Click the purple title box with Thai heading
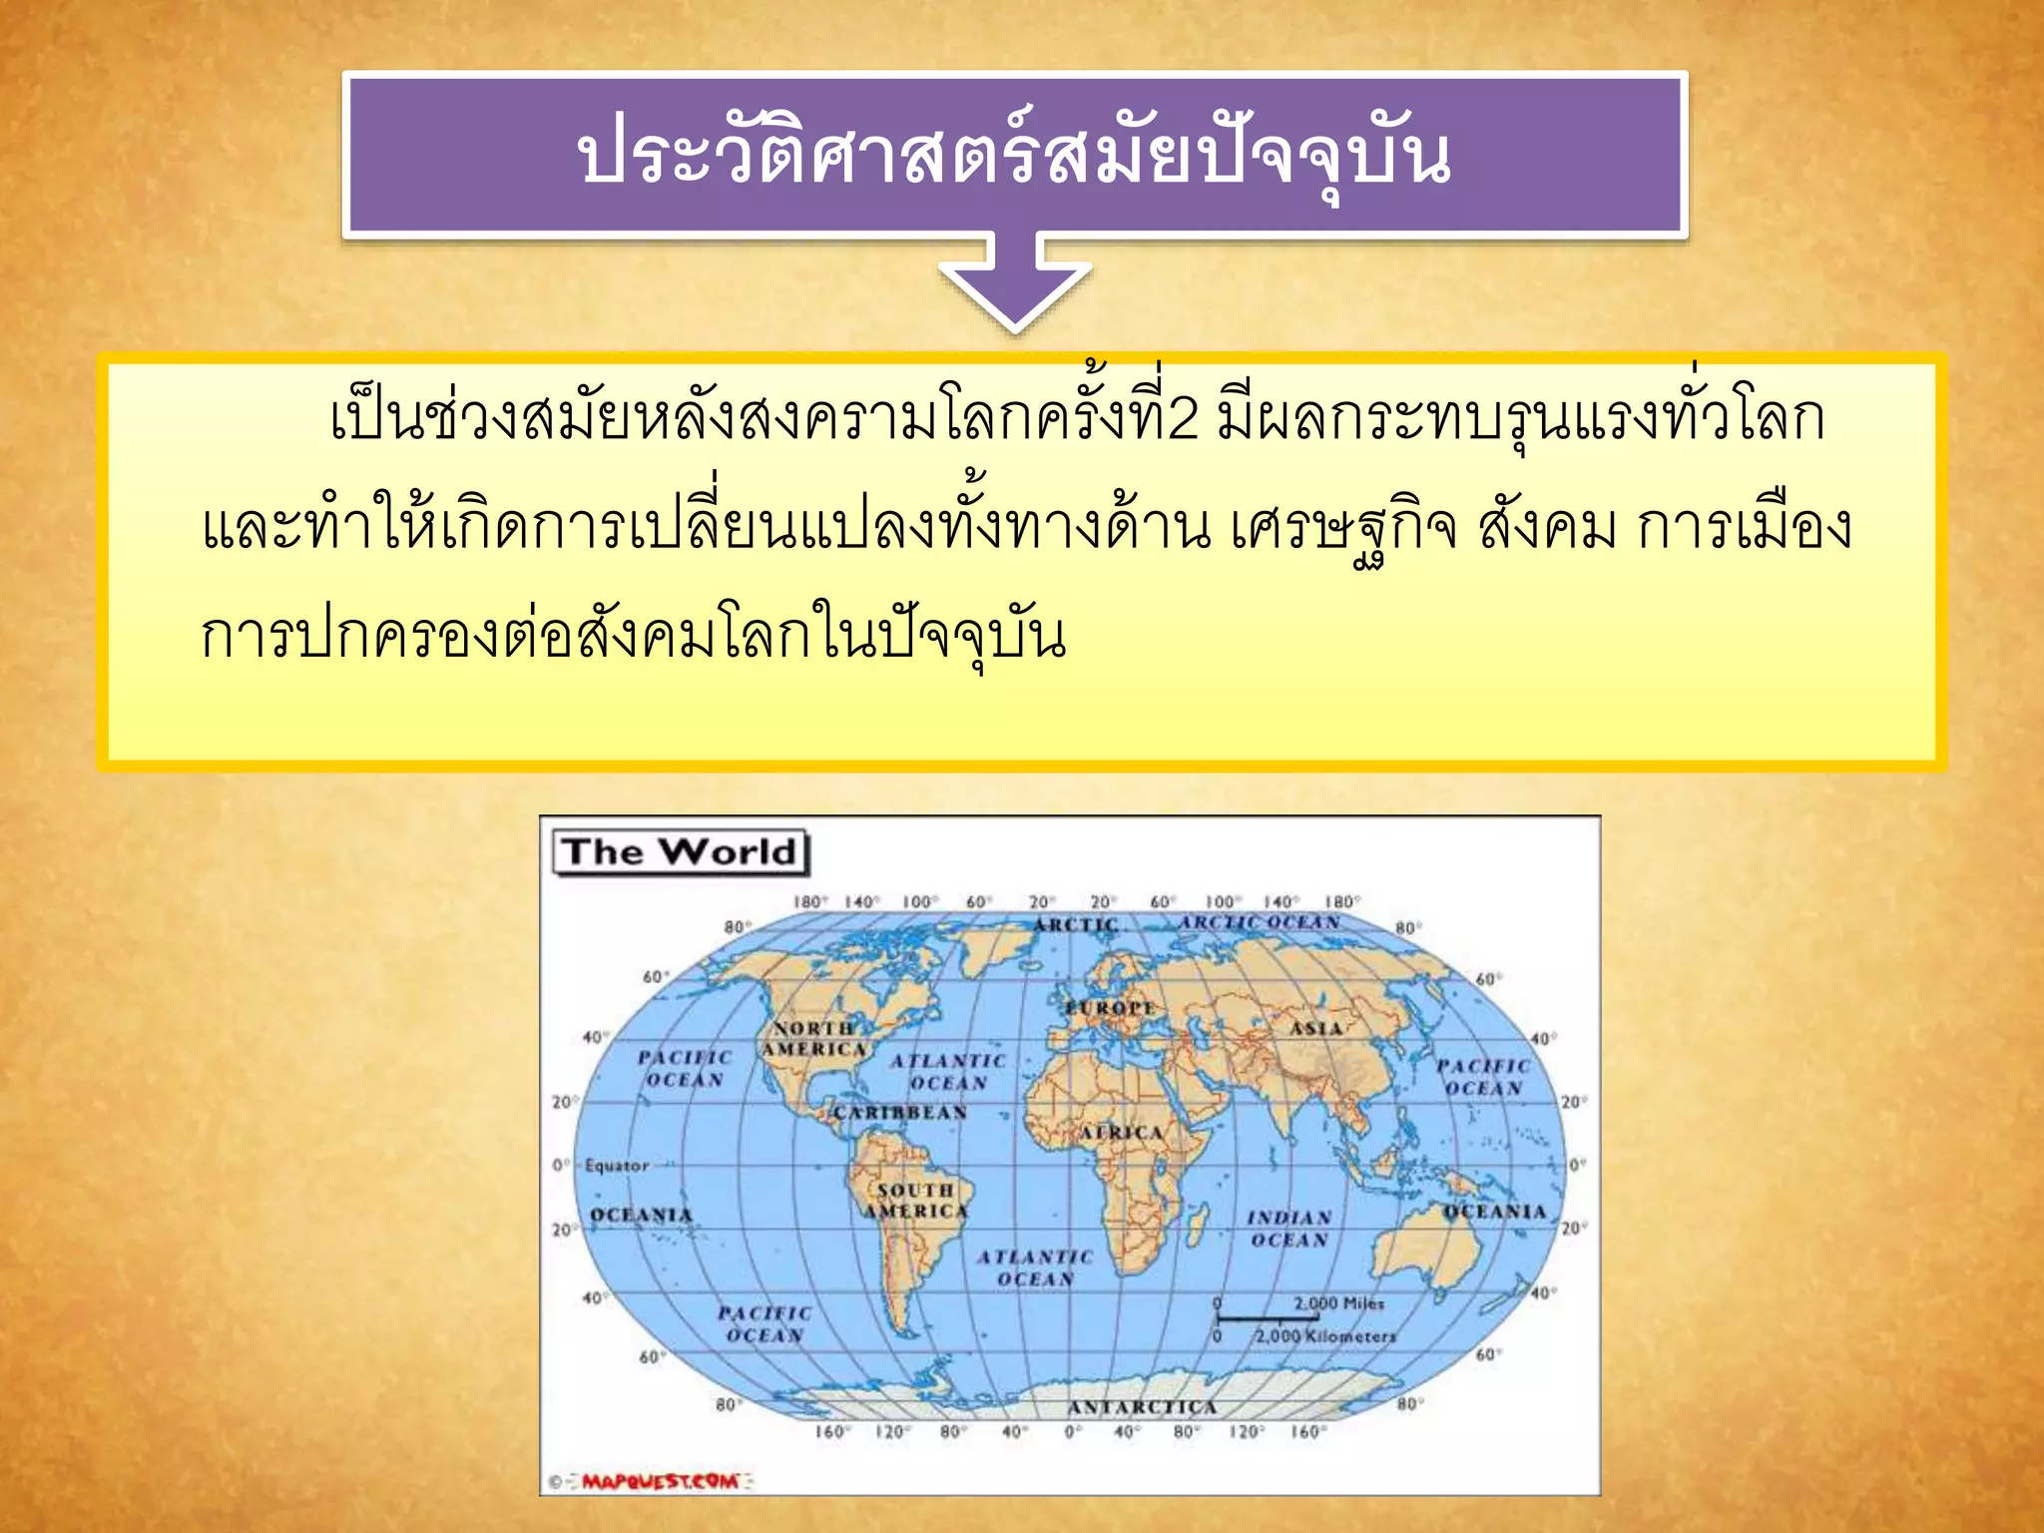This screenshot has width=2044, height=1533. click(x=1014, y=155)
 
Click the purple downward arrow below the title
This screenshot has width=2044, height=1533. click(x=1014, y=284)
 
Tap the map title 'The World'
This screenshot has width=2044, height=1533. click(x=680, y=852)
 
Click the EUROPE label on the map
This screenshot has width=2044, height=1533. click(x=1109, y=1008)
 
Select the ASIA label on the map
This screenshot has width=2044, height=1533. click(x=1315, y=1028)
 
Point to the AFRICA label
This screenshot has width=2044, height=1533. click(x=1122, y=1133)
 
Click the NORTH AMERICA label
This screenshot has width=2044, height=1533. click(x=814, y=1039)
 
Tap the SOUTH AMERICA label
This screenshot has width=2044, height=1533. click(x=915, y=1201)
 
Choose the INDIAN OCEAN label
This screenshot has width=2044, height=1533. click(x=1288, y=1229)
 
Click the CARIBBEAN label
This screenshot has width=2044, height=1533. click(x=900, y=1113)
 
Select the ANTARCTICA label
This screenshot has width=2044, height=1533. click(x=1142, y=1407)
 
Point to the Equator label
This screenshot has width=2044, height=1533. click(x=617, y=1165)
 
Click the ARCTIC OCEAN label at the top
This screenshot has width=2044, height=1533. click(x=1260, y=922)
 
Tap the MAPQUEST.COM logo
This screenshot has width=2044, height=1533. click(x=661, y=1481)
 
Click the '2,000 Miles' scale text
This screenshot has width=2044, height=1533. click(x=1338, y=1303)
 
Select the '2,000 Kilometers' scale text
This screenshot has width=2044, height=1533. click(x=1325, y=1336)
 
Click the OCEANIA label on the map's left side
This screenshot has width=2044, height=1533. click(x=641, y=1215)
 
